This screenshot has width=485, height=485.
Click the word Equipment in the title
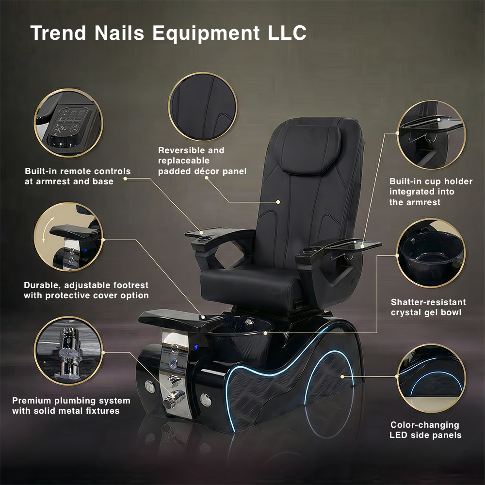pos(206,33)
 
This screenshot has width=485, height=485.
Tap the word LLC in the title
pos(287,32)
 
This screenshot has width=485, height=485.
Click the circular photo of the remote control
pos(68,123)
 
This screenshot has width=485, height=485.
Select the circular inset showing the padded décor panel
pos(203,107)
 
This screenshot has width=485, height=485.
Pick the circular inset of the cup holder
pos(431,135)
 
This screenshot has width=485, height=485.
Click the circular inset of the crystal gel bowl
pos(431,253)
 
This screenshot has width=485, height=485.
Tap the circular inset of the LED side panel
pos(431,378)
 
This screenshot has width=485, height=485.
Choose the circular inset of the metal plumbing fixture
pos(68,351)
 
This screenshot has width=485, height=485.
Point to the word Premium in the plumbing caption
pos(32,401)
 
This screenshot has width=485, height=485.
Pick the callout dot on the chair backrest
pos(278,202)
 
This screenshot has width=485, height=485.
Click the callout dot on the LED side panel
pos(342,377)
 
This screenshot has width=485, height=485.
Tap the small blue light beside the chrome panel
pos(196,347)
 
